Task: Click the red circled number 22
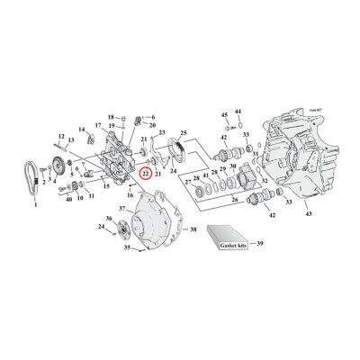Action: tap(145, 171)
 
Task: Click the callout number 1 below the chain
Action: tap(35, 205)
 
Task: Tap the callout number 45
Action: tap(224, 115)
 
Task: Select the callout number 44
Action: tap(238, 110)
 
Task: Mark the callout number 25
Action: tap(183, 132)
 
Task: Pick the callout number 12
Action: tap(61, 136)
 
